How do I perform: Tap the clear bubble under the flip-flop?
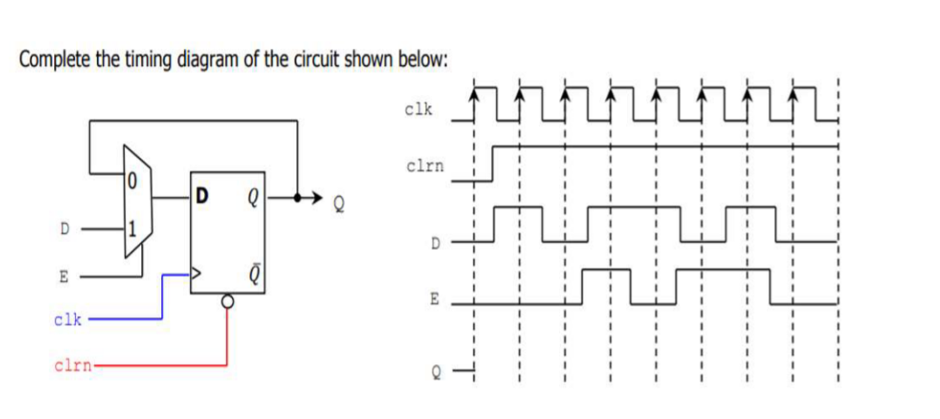click(228, 301)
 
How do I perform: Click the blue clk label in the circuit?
click(68, 320)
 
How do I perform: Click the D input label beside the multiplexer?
click(63, 229)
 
